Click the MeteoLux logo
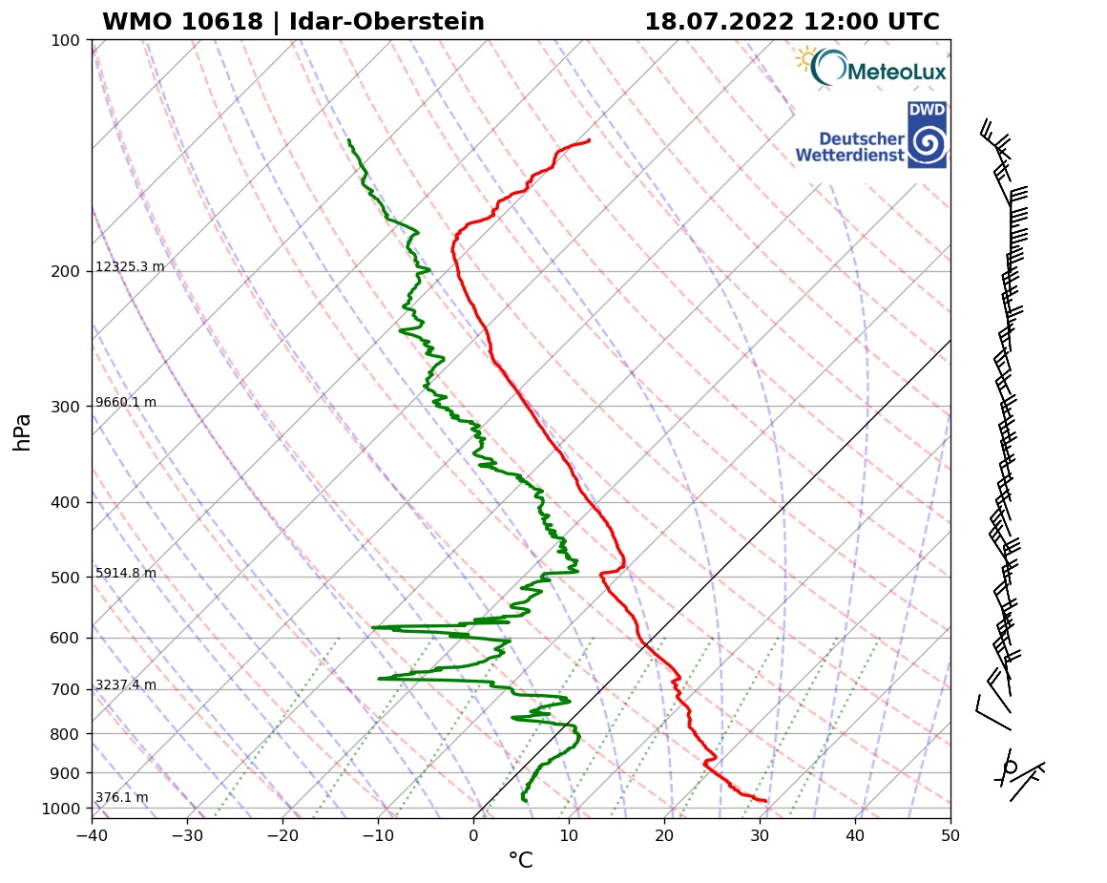click(x=870, y=67)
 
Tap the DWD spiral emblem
click(x=927, y=144)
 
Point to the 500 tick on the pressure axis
click(x=65, y=578)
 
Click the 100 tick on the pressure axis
click(x=65, y=40)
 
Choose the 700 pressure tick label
click(x=65, y=689)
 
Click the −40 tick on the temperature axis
click(x=92, y=836)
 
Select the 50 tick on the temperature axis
click(x=950, y=836)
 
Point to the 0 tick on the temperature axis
click(x=473, y=836)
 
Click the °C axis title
click(x=520, y=861)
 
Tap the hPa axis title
click(x=23, y=431)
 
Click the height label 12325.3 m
click(x=130, y=266)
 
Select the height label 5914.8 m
click(x=126, y=573)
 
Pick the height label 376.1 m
click(x=121, y=797)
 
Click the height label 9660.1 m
click(x=126, y=402)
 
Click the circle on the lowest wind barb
click(x=1011, y=767)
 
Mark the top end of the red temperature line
click(x=589, y=140)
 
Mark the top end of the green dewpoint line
click(x=348, y=140)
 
